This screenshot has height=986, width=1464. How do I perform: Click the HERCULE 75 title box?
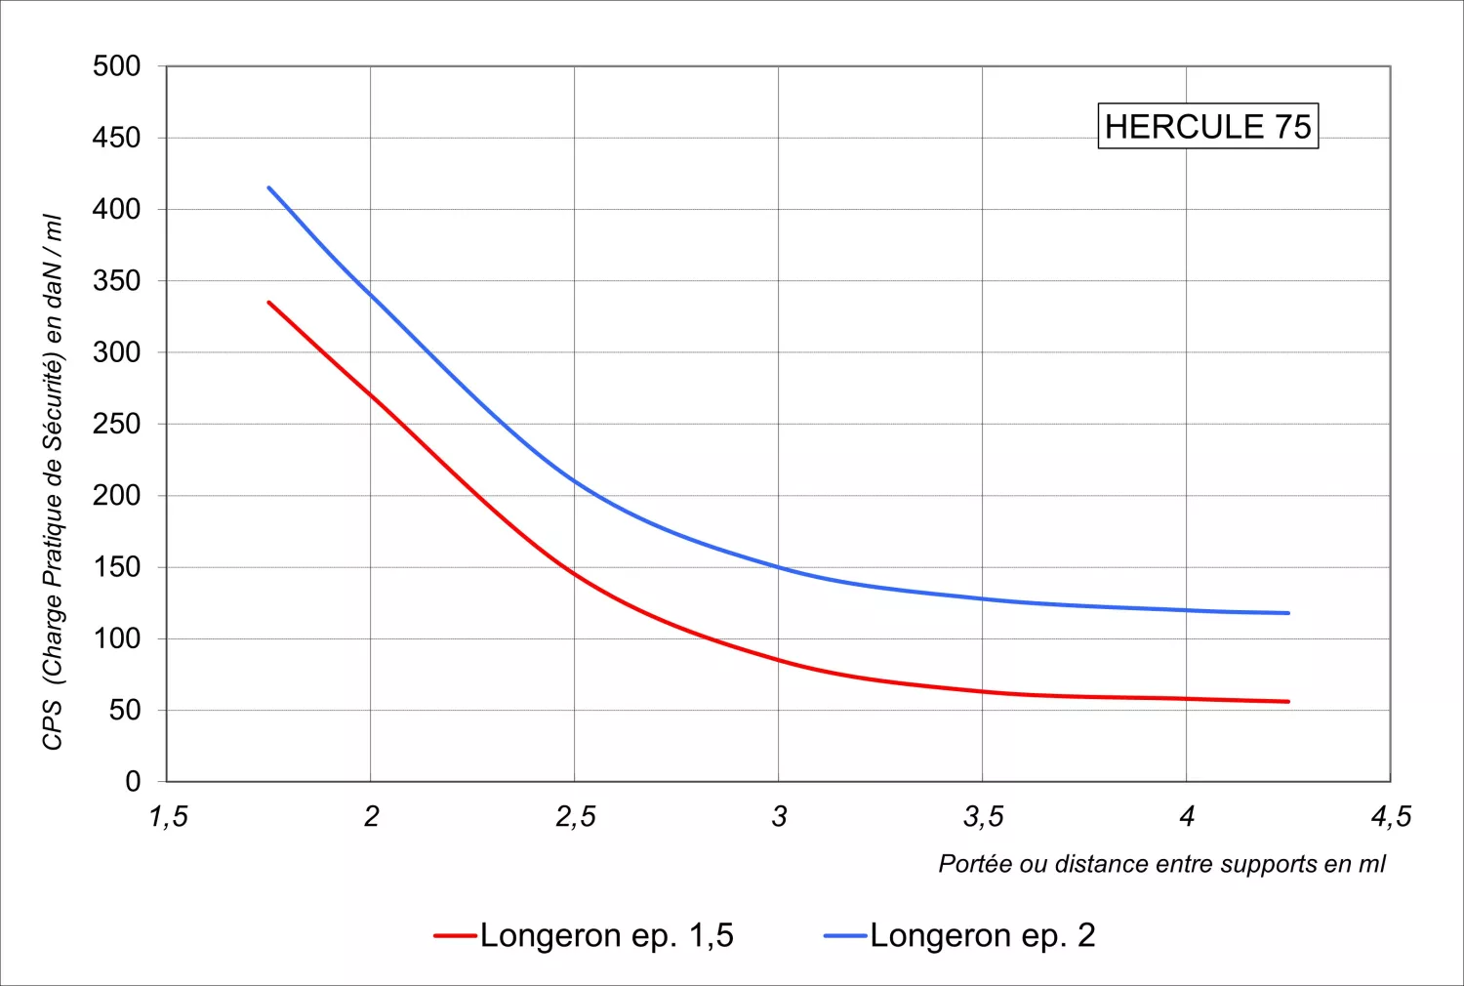click(x=1207, y=127)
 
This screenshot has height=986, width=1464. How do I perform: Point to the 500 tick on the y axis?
click(x=117, y=66)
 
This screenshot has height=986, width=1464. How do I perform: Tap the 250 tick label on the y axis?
click(x=117, y=424)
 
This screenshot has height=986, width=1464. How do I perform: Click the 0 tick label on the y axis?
click(x=133, y=781)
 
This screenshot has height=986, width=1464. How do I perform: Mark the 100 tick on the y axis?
click(x=117, y=638)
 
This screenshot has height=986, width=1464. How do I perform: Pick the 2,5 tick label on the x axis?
click(x=575, y=816)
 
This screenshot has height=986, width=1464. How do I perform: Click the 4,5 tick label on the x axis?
click(x=1391, y=816)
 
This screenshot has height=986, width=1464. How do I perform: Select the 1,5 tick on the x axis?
click(x=168, y=816)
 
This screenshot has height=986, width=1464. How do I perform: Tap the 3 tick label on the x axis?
click(x=779, y=816)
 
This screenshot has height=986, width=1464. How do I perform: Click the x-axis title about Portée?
click(x=1161, y=864)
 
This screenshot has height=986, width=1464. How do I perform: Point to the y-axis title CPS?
click(x=53, y=483)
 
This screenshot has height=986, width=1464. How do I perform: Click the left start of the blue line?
click(x=269, y=188)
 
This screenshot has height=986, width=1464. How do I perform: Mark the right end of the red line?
click(x=1288, y=702)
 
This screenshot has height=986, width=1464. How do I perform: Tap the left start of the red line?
click(x=269, y=303)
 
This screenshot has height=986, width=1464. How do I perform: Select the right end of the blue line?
click(x=1288, y=613)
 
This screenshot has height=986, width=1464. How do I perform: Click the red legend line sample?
click(x=455, y=936)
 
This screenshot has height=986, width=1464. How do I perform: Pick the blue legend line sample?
click(x=845, y=936)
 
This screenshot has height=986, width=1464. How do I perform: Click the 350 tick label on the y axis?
click(x=117, y=281)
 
